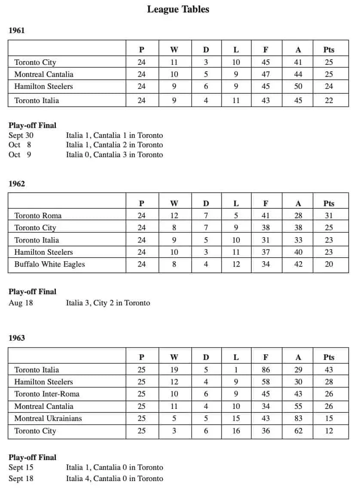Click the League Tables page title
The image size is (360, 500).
[178, 9]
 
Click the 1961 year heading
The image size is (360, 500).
[17, 30]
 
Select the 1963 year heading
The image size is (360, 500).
[17, 338]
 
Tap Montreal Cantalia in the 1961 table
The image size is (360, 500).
[44, 74]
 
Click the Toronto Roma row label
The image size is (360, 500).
[38, 216]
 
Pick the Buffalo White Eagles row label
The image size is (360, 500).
[49, 264]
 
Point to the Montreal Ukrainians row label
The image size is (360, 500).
[48, 418]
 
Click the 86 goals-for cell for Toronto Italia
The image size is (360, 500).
[266, 370]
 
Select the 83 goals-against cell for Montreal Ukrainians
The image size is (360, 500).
[298, 418]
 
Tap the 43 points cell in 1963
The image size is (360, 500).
[329, 370]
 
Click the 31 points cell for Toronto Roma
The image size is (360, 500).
[329, 216]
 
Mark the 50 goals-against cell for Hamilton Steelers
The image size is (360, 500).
[298, 86]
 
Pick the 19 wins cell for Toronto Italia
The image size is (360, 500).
[174, 370]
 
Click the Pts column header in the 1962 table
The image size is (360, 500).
[329, 204]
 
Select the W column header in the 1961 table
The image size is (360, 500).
[174, 50]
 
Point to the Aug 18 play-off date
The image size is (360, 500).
[21, 303]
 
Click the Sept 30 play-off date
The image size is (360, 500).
[21, 135]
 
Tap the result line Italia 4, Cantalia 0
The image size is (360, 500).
[114, 479]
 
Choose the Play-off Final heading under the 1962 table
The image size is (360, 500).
[32, 292]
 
